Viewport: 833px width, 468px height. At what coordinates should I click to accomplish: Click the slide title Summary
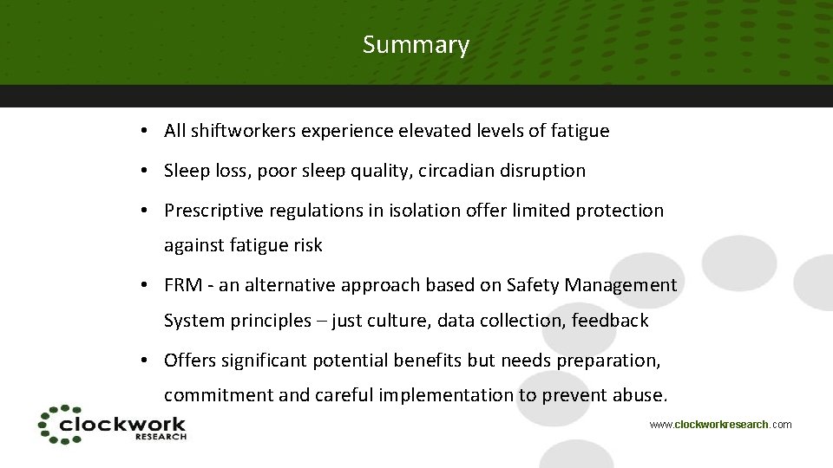416,45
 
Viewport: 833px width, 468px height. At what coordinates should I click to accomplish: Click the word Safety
533,285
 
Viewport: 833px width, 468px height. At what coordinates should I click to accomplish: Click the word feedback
611,321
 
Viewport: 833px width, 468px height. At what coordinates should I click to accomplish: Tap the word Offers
190,360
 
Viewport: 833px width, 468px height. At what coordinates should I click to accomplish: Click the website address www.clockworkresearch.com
720,425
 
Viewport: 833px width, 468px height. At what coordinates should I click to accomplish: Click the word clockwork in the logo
121,424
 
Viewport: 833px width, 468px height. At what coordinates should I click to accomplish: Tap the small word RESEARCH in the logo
161,437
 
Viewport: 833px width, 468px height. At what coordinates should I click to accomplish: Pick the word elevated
431,132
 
